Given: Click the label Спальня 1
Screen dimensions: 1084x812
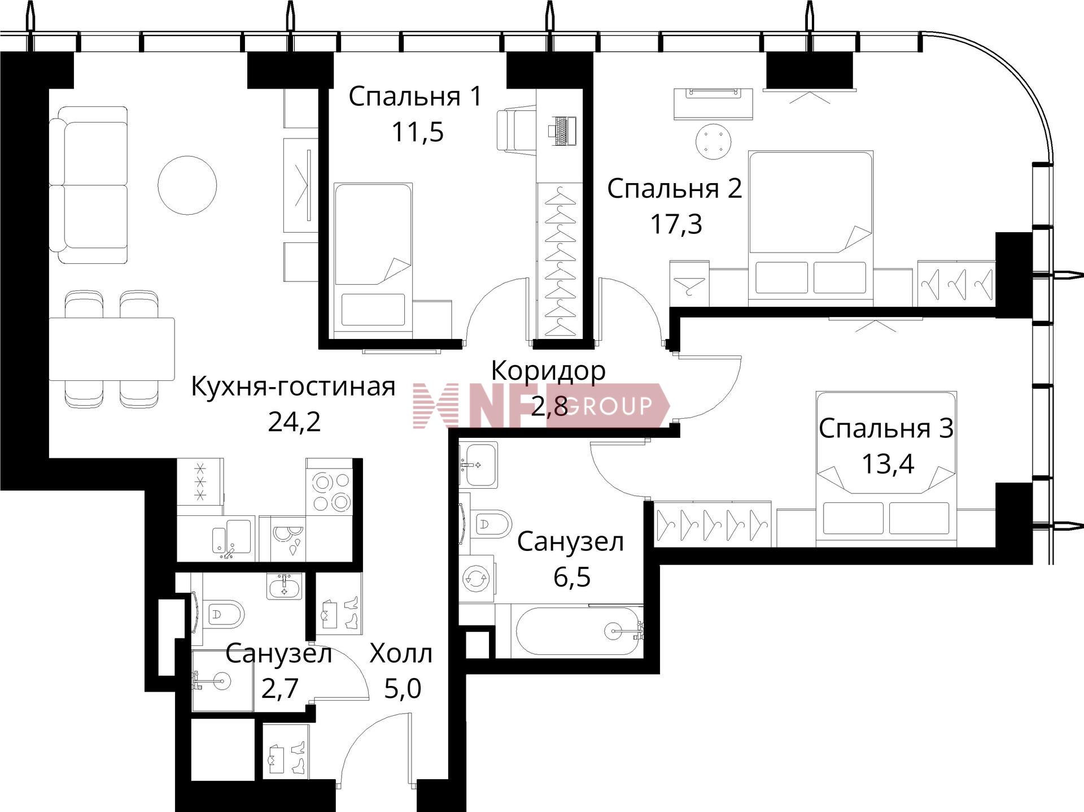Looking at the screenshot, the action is click(416, 97).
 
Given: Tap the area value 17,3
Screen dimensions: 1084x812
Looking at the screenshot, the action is click(676, 224).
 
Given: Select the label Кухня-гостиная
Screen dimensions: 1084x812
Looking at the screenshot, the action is click(293, 387).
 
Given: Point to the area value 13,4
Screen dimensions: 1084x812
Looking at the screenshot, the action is click(888, 464).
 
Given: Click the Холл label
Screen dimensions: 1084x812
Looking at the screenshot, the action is click(401, 654).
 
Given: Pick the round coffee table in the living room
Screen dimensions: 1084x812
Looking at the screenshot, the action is click(187, 185).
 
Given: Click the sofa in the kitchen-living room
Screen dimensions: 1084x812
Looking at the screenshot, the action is click(88, 185).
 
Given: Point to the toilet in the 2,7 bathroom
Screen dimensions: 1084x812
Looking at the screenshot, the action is click(221, 613).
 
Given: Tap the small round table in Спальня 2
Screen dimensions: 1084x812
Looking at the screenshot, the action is click(714, 142).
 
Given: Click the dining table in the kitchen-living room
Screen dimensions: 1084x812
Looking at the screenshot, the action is click(111, 349).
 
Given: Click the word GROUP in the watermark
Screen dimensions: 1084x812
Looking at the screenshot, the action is click(609, 406).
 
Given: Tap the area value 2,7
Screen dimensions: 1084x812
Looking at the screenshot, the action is click(279, 689).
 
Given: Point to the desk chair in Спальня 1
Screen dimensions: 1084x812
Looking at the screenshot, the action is click(515, 130).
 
